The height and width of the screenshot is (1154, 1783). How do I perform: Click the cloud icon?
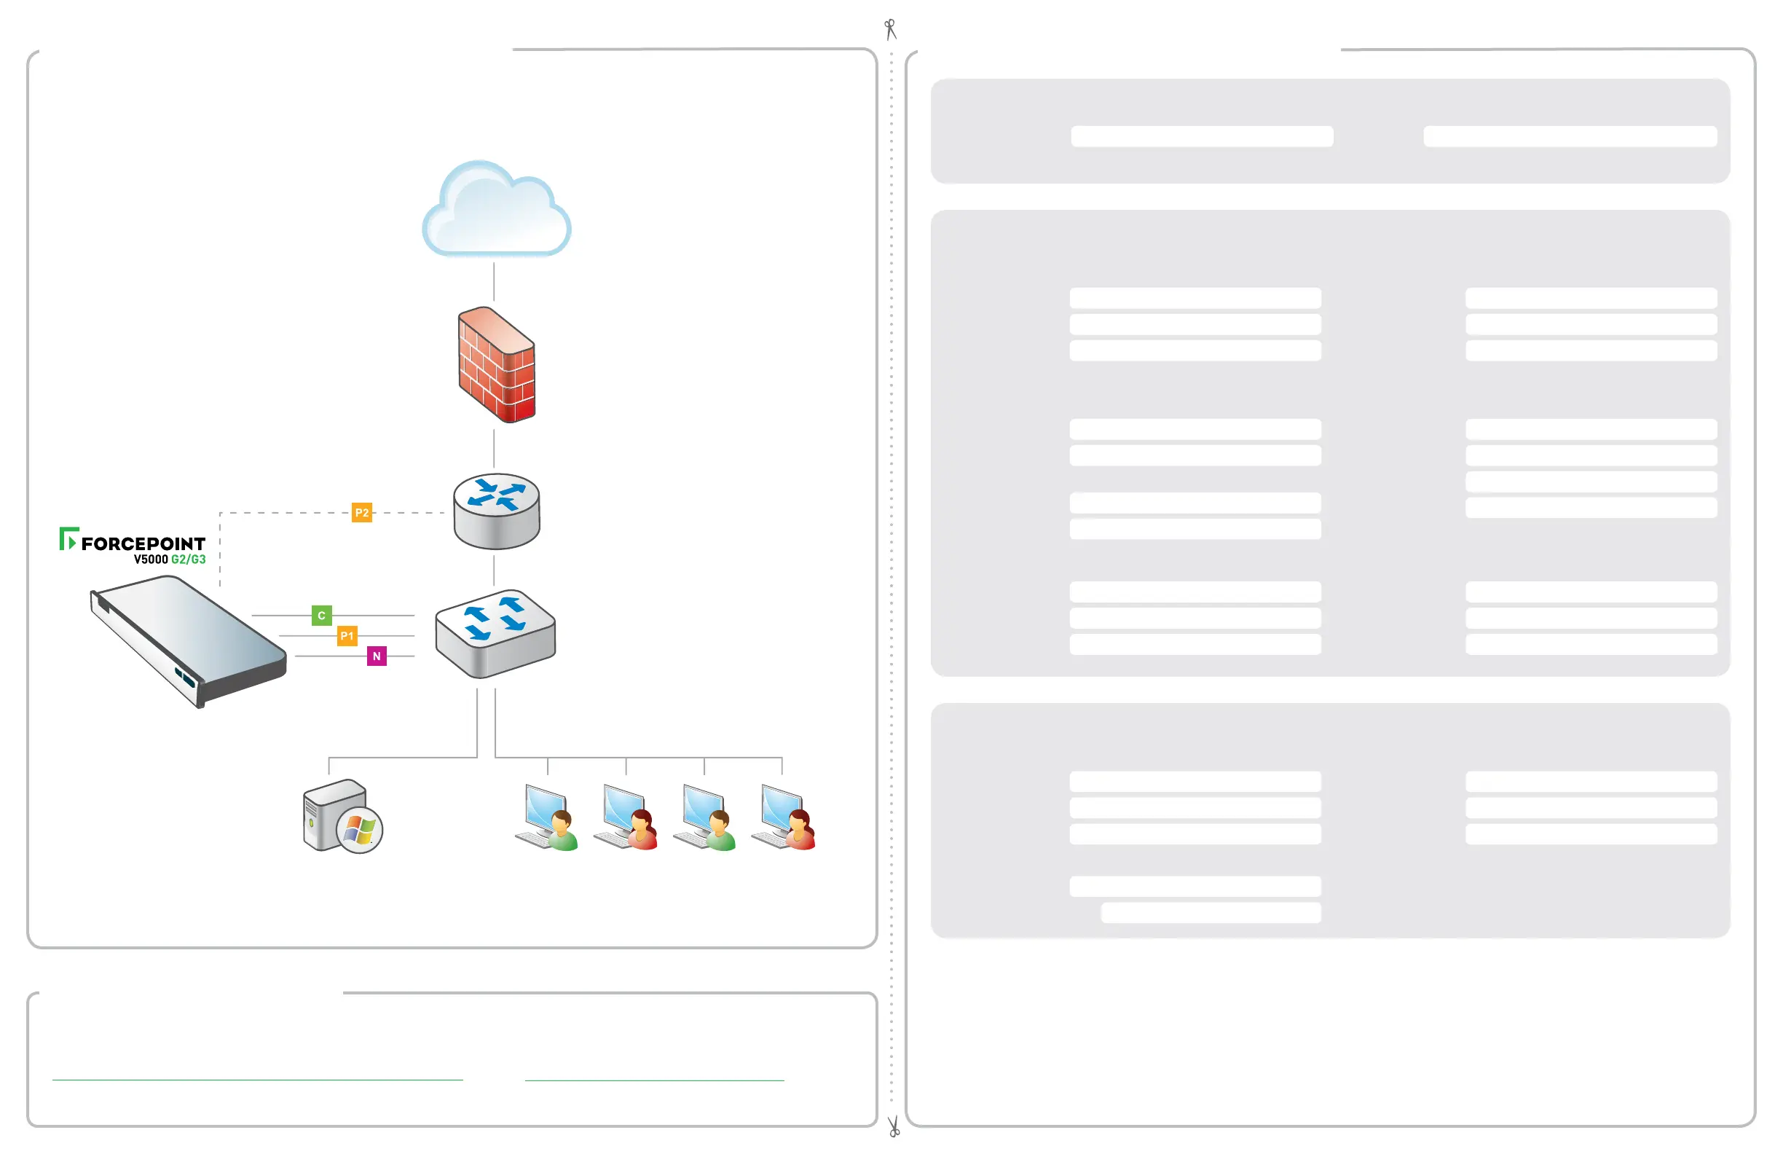click(x=496, y=210)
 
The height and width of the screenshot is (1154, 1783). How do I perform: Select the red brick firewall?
click(x=497, y=365)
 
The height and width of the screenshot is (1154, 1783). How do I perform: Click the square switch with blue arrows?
click(x=495, y=633)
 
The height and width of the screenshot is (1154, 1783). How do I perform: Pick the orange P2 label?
click(x=362, y=513)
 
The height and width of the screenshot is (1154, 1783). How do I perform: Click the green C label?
click(x=321, y=615)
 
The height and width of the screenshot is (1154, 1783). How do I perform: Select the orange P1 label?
click(x=347, y=635)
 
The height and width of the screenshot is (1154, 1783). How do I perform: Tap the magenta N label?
click(x=377, y=656)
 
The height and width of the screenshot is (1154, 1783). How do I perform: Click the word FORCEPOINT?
click(x=143, y=543)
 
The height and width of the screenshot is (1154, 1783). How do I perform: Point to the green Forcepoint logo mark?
click(x=68, y=538)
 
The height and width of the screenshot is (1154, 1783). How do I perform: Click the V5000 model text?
click(x=151, y=560)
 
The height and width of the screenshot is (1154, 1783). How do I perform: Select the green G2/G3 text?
click(x=188, y=560)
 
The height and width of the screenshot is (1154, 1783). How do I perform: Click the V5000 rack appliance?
click(x=187, y=640)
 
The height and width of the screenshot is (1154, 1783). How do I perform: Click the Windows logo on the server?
click(x=360, y=830)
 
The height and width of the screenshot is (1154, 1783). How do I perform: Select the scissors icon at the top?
click(x=890, y=29)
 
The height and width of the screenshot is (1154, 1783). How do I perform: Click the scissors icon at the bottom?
click(x=893, y=1126)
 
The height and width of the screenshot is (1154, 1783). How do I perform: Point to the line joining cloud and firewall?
click(x=494, y=281)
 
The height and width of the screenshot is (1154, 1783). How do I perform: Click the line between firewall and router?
click(x=494, y=447)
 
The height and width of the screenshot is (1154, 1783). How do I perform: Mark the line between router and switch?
click(x=494, y=571)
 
